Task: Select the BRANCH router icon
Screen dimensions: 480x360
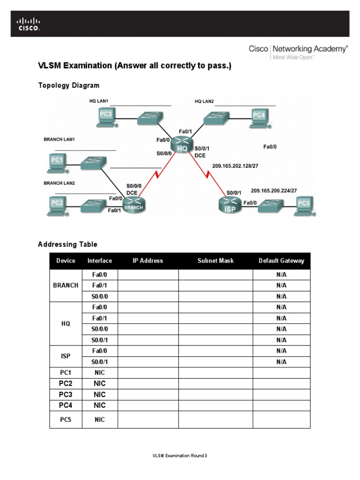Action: pos(134,204)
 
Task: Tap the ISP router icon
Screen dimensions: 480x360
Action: pos(229,204)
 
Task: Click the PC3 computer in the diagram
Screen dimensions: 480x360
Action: pos(106,116)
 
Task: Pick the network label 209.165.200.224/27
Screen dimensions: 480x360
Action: pos(273,191)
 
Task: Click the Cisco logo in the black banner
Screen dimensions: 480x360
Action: pos(29,24)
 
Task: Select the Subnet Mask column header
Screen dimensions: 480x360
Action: pos(215,261)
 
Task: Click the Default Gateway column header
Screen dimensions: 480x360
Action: pos(281,261)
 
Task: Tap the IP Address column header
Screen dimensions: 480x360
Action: pos(148,261)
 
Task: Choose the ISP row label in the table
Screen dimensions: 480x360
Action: pos(66,356)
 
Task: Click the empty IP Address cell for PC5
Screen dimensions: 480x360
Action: pos(148,420)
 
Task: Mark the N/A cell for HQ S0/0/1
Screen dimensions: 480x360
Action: pos(281,340)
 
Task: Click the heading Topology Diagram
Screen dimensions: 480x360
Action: pos(68,85)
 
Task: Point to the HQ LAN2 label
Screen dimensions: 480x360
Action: pos(205,101)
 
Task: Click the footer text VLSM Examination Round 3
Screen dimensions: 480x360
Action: pos(180,456)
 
